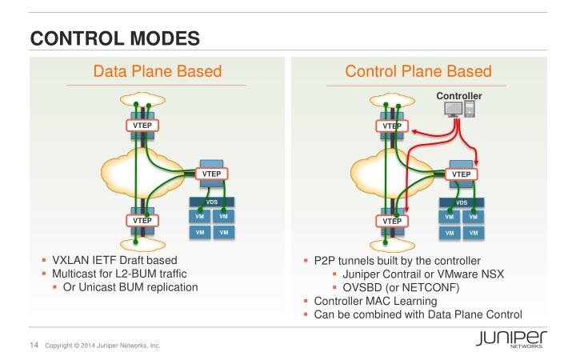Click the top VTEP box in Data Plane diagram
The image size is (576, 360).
pyautogui.click(x=139, y=126)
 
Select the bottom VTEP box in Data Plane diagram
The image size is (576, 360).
pyautogui.click(x=139, y=220)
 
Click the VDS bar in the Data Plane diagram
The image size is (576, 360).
pyautogui.click(x=210, y=203)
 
